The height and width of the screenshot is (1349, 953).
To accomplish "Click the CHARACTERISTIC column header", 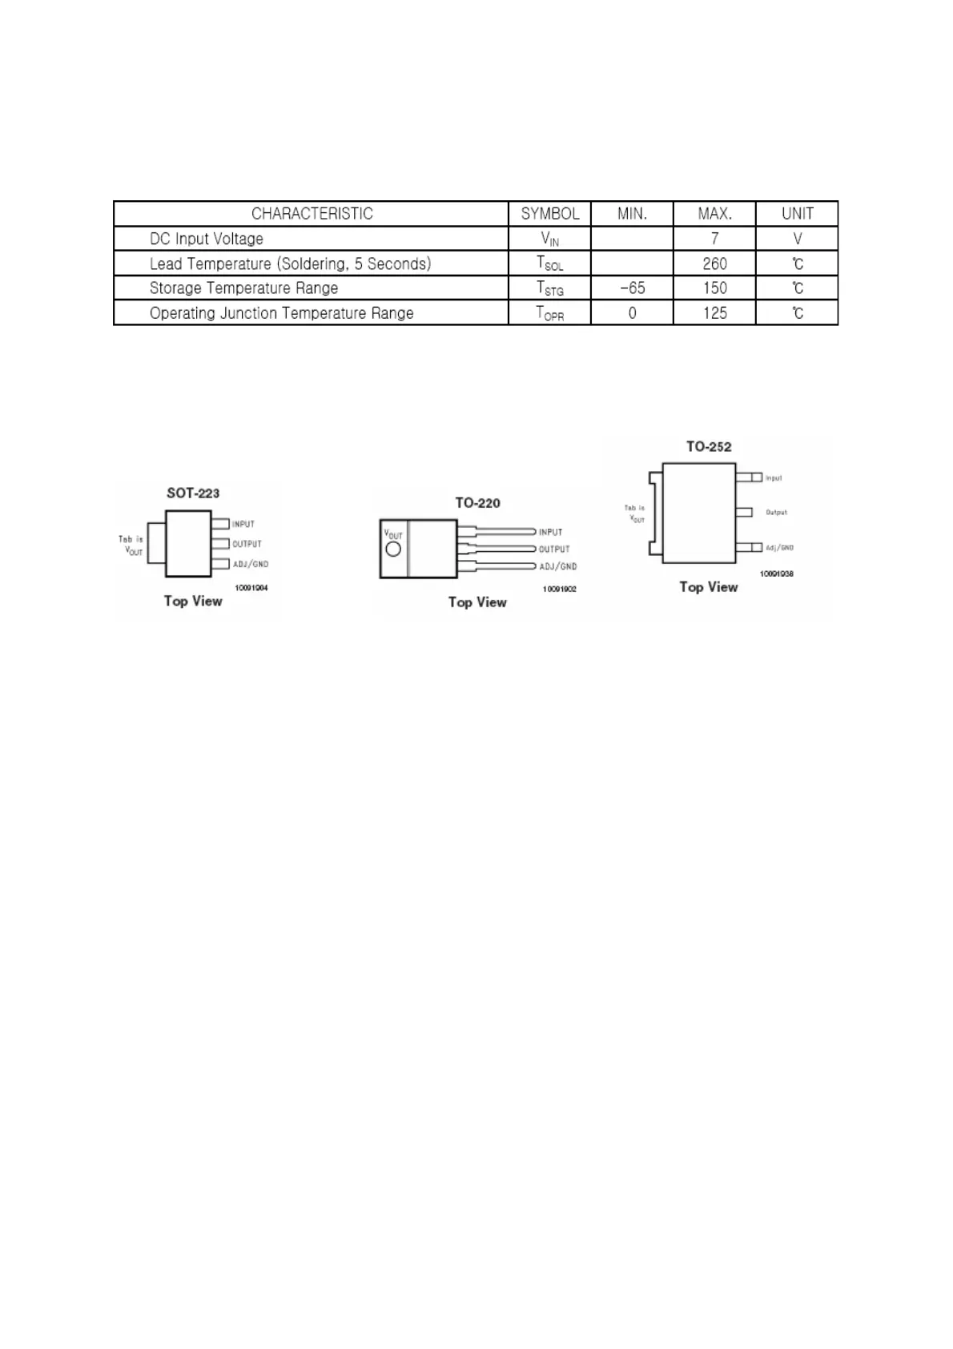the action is click(312, 214).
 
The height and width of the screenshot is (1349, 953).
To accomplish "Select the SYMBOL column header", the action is click(550, 214).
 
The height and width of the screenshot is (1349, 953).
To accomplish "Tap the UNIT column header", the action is click(797, 214).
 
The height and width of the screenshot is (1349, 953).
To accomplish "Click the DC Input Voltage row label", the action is click(207, 239).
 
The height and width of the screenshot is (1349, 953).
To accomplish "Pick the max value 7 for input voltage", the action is click(714, 239).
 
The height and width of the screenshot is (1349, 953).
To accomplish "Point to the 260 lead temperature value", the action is click(714, 264).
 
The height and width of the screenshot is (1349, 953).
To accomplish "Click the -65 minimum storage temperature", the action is click(632, 288).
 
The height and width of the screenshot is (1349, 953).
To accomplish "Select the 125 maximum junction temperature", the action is click(714, 312).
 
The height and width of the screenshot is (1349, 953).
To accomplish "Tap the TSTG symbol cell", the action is click(550, 288).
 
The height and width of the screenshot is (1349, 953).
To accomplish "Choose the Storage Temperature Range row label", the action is click(243, 288).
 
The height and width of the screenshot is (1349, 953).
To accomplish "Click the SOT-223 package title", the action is click(193, 493).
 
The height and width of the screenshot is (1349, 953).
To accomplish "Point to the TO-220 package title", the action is click(477, 503).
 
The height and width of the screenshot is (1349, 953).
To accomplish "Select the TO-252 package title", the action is click(709, 447).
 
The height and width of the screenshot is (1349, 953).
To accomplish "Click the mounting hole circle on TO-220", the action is click(393, 550).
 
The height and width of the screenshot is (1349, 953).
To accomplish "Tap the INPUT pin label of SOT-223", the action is click(243, 524).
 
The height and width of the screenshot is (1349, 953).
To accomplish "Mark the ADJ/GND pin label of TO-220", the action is click(558, 566).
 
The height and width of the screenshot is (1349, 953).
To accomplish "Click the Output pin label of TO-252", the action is click(776, 512).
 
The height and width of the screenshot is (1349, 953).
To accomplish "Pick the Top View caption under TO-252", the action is click(709, 587).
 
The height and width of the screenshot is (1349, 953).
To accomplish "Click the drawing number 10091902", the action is click(559, 589).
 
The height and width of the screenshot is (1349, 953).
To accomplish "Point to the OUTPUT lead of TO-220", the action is click(497, 549).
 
